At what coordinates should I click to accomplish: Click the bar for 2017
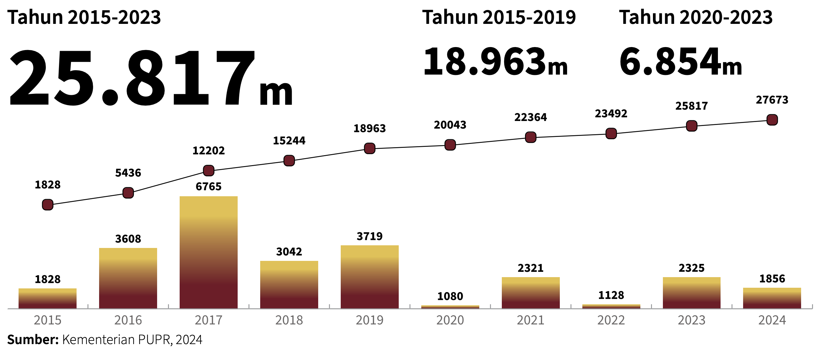coord(208,252)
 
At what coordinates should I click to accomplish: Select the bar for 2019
coord(370,277)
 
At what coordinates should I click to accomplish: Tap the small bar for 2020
coord(450,307)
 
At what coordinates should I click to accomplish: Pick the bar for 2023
coord(691,293)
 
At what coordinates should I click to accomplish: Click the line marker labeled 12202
coord(208,171)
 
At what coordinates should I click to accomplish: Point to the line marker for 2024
coord(772,120)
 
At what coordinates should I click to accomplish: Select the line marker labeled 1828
coord(48,205)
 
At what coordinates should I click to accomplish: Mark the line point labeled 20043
coord(450,145)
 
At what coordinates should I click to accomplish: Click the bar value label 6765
coord(208,187)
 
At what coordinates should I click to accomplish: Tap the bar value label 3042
coord(289,252)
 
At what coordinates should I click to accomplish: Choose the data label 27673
coord(772,100)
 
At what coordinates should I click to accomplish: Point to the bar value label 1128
coord(611,295)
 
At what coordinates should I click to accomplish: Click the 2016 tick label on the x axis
coord(128,320)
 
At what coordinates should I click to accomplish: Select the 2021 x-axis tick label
coord(530,320)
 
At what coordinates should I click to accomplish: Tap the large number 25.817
coord(133,78)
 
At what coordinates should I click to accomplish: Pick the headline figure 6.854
coord(670,62)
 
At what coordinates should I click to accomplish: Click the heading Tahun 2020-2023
coord(696,17)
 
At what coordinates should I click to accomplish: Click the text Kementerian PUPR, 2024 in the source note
coord(132,340)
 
